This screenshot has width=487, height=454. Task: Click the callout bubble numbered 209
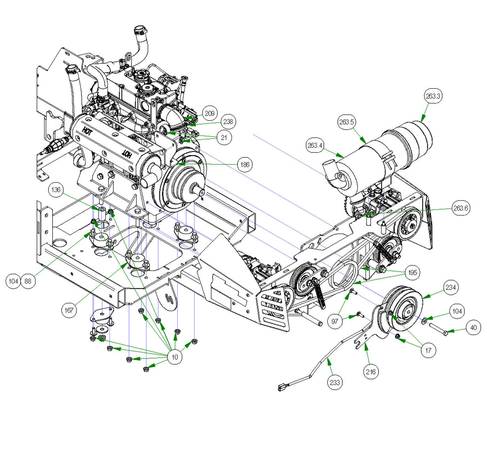pos(209,113)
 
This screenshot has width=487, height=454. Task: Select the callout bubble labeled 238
pos(228,122)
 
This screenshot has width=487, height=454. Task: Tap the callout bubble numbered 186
pos(245,164)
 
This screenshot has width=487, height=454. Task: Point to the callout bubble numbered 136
pos(56,190)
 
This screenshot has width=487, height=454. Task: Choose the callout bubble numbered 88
pos(28,281)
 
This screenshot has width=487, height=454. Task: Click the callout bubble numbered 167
pos(69,310)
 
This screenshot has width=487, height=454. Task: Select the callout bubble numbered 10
pos(175,357)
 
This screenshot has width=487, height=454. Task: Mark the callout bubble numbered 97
pos(335,321)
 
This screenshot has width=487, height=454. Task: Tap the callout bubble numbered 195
pos(413,272)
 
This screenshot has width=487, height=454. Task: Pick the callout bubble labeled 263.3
pos(433,96)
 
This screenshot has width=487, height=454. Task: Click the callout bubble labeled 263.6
pos(461,208)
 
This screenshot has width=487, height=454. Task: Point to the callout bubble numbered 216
pos(370,372)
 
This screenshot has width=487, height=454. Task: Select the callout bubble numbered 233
pos(335,382)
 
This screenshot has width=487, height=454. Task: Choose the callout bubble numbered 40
pos(473,328)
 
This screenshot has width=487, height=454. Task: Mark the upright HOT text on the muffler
pos(87,132)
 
